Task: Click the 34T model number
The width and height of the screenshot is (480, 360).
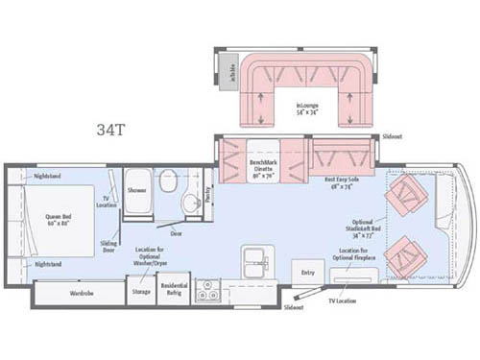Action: coord(110,129)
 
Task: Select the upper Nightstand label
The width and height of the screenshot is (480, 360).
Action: coord(48,176)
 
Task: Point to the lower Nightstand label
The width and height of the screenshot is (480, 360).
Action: coord(48,263)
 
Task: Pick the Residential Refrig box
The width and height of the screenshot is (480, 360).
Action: coord(174,291)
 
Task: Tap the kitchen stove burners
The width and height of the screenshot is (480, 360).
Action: coord(207,292)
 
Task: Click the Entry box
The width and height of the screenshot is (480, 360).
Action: coord(307,273)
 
